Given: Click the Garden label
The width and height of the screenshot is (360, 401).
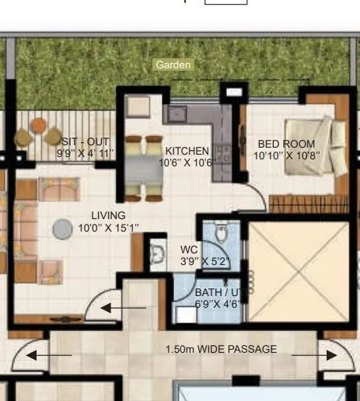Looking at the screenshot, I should coord(172,65).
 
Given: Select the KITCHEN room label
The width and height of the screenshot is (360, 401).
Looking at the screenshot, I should coord(187,151).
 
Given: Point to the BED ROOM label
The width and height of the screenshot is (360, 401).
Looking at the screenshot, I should coord(287,144).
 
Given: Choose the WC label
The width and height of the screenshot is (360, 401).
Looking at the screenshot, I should coord(189,249).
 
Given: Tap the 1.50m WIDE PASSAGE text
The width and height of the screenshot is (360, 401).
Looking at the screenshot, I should coord(221,350).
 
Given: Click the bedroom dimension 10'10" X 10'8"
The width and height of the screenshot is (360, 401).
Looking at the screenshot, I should coord(287,155).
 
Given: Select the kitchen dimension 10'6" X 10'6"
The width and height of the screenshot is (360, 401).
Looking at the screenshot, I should coord(187,162).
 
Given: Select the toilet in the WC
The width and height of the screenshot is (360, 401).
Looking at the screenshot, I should coord(220,231).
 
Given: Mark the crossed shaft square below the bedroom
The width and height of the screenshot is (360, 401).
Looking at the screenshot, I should coord(299,272).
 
